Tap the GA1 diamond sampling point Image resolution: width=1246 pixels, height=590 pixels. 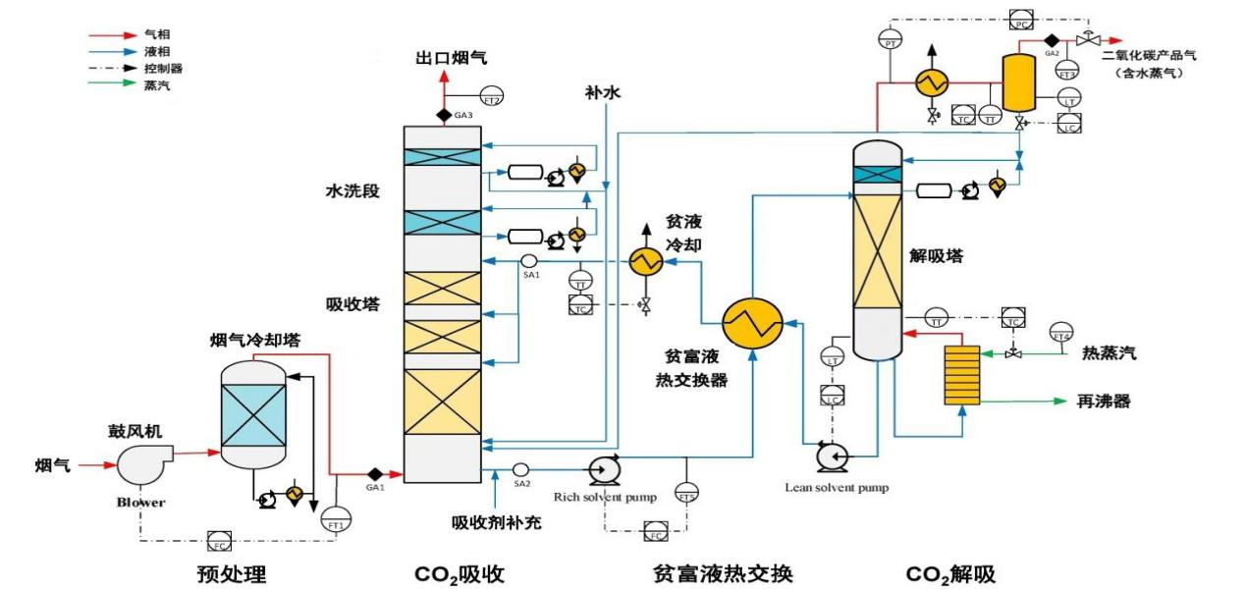(x=373, y=474)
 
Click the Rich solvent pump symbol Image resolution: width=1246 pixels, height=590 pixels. (x=601, y=470)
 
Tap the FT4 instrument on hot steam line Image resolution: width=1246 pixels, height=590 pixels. (x=1060, y=334)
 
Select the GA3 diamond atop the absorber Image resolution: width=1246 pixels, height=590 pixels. (x=443, y=115)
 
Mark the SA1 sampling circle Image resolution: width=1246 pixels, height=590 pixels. (x=527, y=260)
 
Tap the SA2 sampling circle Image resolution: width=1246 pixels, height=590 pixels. (x=520, y=469)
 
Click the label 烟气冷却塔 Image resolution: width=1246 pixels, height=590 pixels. (x=255, y=341)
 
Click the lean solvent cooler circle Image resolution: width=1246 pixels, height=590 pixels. (x=645, y=261)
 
